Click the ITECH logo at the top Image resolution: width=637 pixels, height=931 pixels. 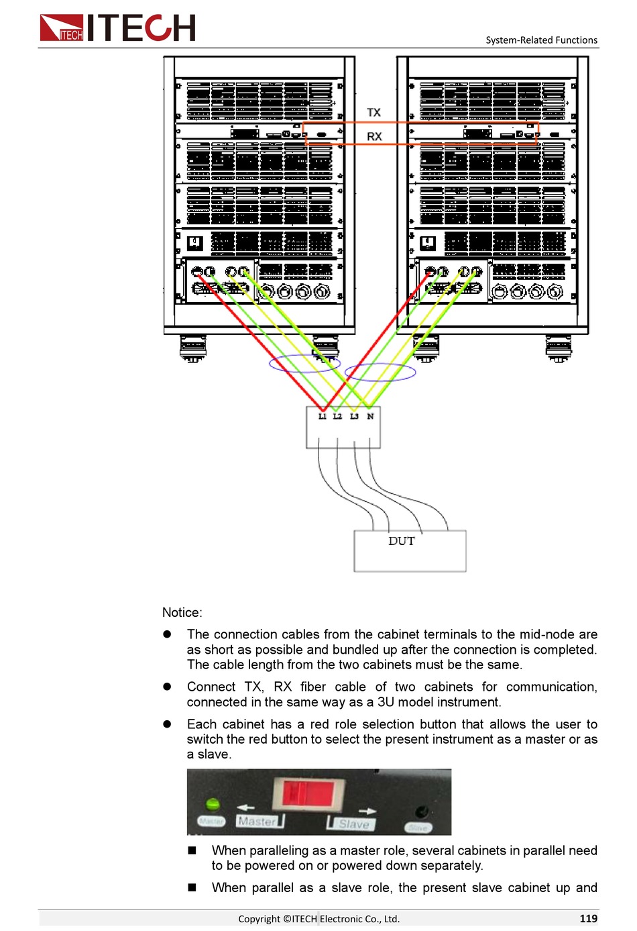(117, 28)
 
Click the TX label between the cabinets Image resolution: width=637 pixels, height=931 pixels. (373, 113)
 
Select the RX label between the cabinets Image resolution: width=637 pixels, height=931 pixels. (374, 136)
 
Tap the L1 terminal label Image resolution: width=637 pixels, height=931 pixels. (323, 417)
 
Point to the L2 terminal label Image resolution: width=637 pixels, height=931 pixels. (337, 417)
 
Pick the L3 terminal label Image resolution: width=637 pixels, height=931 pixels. (354, 417)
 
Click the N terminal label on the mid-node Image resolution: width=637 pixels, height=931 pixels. (370, 417)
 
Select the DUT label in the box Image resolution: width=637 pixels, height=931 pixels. (402, 541)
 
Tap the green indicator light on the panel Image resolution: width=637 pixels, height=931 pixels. (213, 803)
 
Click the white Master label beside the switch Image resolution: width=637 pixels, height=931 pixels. (257, 821)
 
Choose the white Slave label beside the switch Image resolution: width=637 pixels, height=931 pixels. (353, 824)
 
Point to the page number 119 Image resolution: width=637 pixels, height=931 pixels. (588, 918)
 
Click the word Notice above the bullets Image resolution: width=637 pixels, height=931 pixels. (182, 612)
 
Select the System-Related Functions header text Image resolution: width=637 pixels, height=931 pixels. (541, 40)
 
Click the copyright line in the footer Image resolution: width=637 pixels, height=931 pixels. (318, 919)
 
